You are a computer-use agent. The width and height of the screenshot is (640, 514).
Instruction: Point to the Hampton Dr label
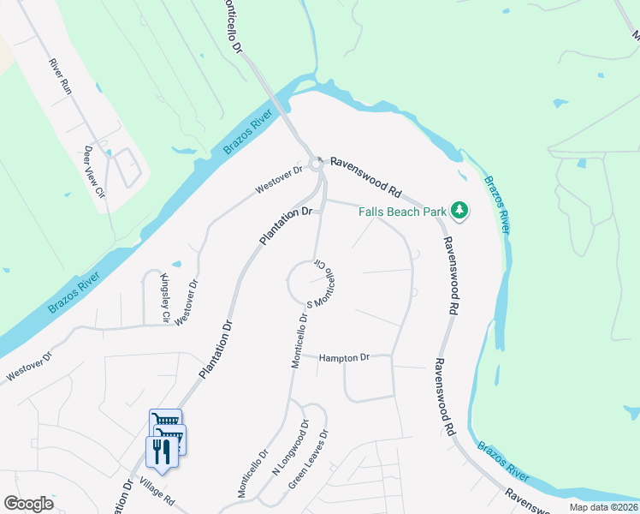point(345,357)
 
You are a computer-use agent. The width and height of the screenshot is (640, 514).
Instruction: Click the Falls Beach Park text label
point(402,212)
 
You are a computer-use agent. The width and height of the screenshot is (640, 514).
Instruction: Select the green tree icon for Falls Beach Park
point(460,210)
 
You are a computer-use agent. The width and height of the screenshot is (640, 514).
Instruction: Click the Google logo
point(28,504)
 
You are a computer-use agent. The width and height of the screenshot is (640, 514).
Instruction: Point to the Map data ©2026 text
point(604,507)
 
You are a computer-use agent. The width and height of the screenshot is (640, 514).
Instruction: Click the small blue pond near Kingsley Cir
point(175,264)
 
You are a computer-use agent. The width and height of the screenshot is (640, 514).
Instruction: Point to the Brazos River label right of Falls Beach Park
point(497,204)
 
